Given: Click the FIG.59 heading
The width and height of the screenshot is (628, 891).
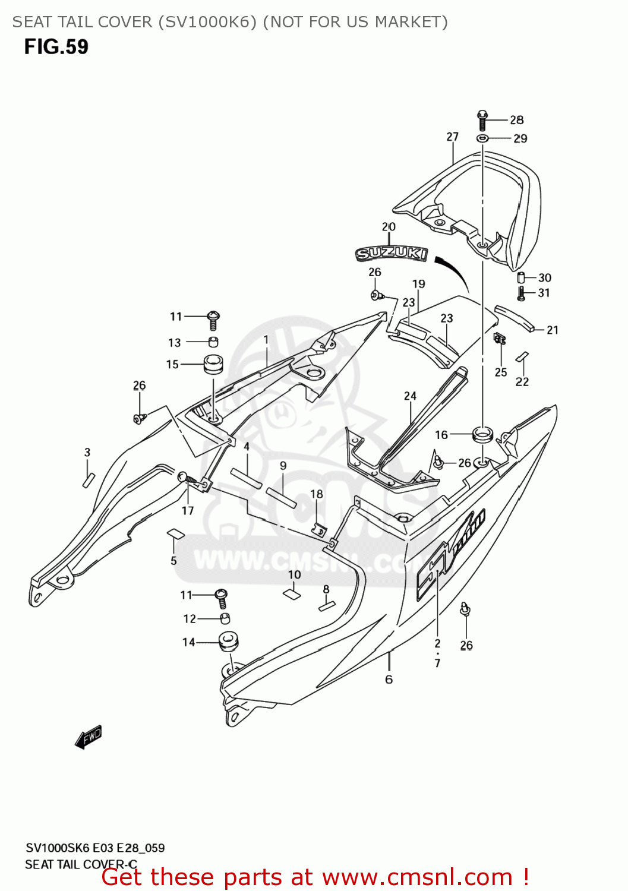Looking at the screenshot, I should coord(56,47).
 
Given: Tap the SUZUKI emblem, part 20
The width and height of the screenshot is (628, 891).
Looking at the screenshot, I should coord(392,254).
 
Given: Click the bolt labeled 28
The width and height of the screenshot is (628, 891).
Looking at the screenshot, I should coord(482,120).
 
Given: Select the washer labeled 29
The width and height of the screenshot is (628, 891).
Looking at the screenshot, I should coord(482,138).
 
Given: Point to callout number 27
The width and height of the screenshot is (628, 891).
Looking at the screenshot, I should coord(453,137).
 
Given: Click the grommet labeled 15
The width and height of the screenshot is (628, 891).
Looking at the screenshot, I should coord(213,364).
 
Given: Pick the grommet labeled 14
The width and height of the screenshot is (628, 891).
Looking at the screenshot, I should coord(228,642).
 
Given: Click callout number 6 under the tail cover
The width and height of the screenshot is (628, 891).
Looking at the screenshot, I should coord(389,680).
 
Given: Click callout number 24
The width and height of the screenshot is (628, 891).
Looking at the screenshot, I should coord(411,396).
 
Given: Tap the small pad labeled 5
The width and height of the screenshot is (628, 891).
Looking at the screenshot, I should coord(175,533).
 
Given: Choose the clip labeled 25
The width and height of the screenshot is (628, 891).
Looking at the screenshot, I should coord(500,339).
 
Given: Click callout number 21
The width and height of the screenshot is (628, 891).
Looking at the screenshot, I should coord(553,330).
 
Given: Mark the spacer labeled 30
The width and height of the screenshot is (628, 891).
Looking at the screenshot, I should coord(521,277).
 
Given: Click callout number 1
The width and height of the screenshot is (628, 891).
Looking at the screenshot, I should coord(266,340).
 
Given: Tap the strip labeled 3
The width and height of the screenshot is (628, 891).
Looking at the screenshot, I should coord(89,479).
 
